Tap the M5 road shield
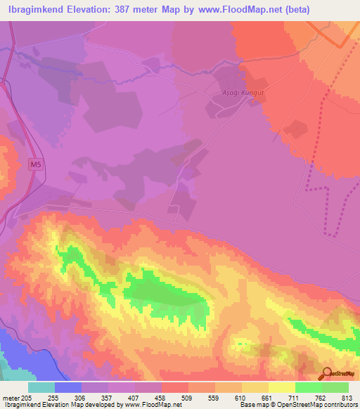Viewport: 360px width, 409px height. coord(36,165)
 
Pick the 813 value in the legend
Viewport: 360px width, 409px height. coord(347,398)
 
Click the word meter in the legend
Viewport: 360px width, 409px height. coord(10,398)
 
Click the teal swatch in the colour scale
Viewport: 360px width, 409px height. coord(41,387)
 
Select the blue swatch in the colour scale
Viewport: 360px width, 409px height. coord(68,387)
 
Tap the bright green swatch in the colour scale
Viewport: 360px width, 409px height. coord(308,387)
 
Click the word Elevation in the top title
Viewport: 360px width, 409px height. coord(84,8)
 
